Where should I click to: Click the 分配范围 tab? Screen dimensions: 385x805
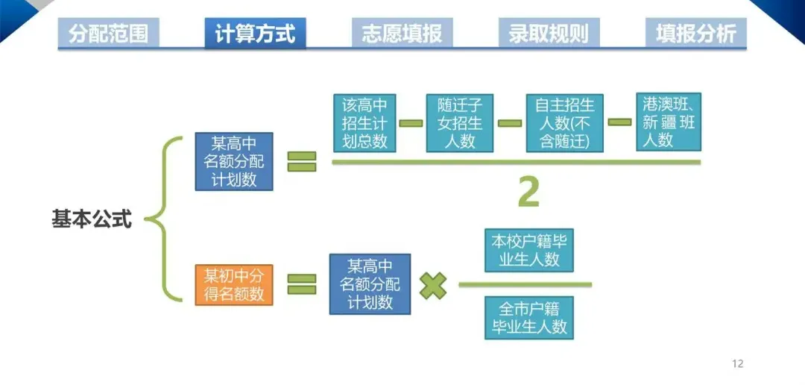tap(108, 34)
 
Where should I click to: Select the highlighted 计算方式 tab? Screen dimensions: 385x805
tap(255, 34)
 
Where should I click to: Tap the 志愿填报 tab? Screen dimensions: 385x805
tap(402, 34)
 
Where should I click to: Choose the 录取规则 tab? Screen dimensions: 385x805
tap(549, 34)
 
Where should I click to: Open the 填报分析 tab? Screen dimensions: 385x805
tap(695, 34)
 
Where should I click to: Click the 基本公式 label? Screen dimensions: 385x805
tap(92, 219)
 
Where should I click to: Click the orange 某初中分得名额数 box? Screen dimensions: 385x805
tap(234, 284)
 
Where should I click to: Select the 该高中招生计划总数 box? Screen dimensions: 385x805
tap(364, 122)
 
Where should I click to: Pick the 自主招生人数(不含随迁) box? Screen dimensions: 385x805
tap(564, 122)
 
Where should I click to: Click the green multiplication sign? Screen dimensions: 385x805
tap(433, 284)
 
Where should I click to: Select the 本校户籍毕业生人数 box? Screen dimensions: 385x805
tap(529, 250)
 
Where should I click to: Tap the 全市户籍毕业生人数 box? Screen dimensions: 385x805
tap(529, 317)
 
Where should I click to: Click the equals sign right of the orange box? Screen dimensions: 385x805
tap(302, 284)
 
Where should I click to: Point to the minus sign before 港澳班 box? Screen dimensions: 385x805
tap(619, 122)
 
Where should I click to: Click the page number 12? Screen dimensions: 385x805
tap(738, 363)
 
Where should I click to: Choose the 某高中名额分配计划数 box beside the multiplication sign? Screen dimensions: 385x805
tap(370, 284)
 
